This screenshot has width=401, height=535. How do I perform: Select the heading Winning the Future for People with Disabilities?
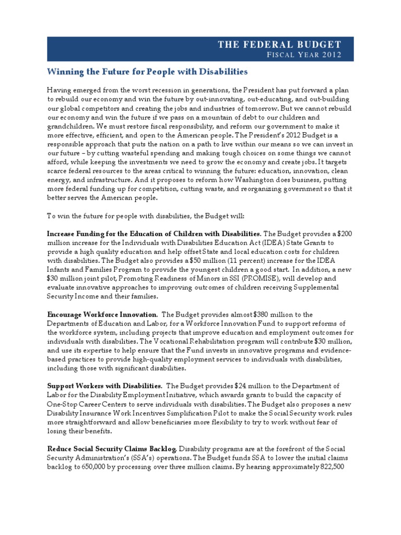tap(147, 71)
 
